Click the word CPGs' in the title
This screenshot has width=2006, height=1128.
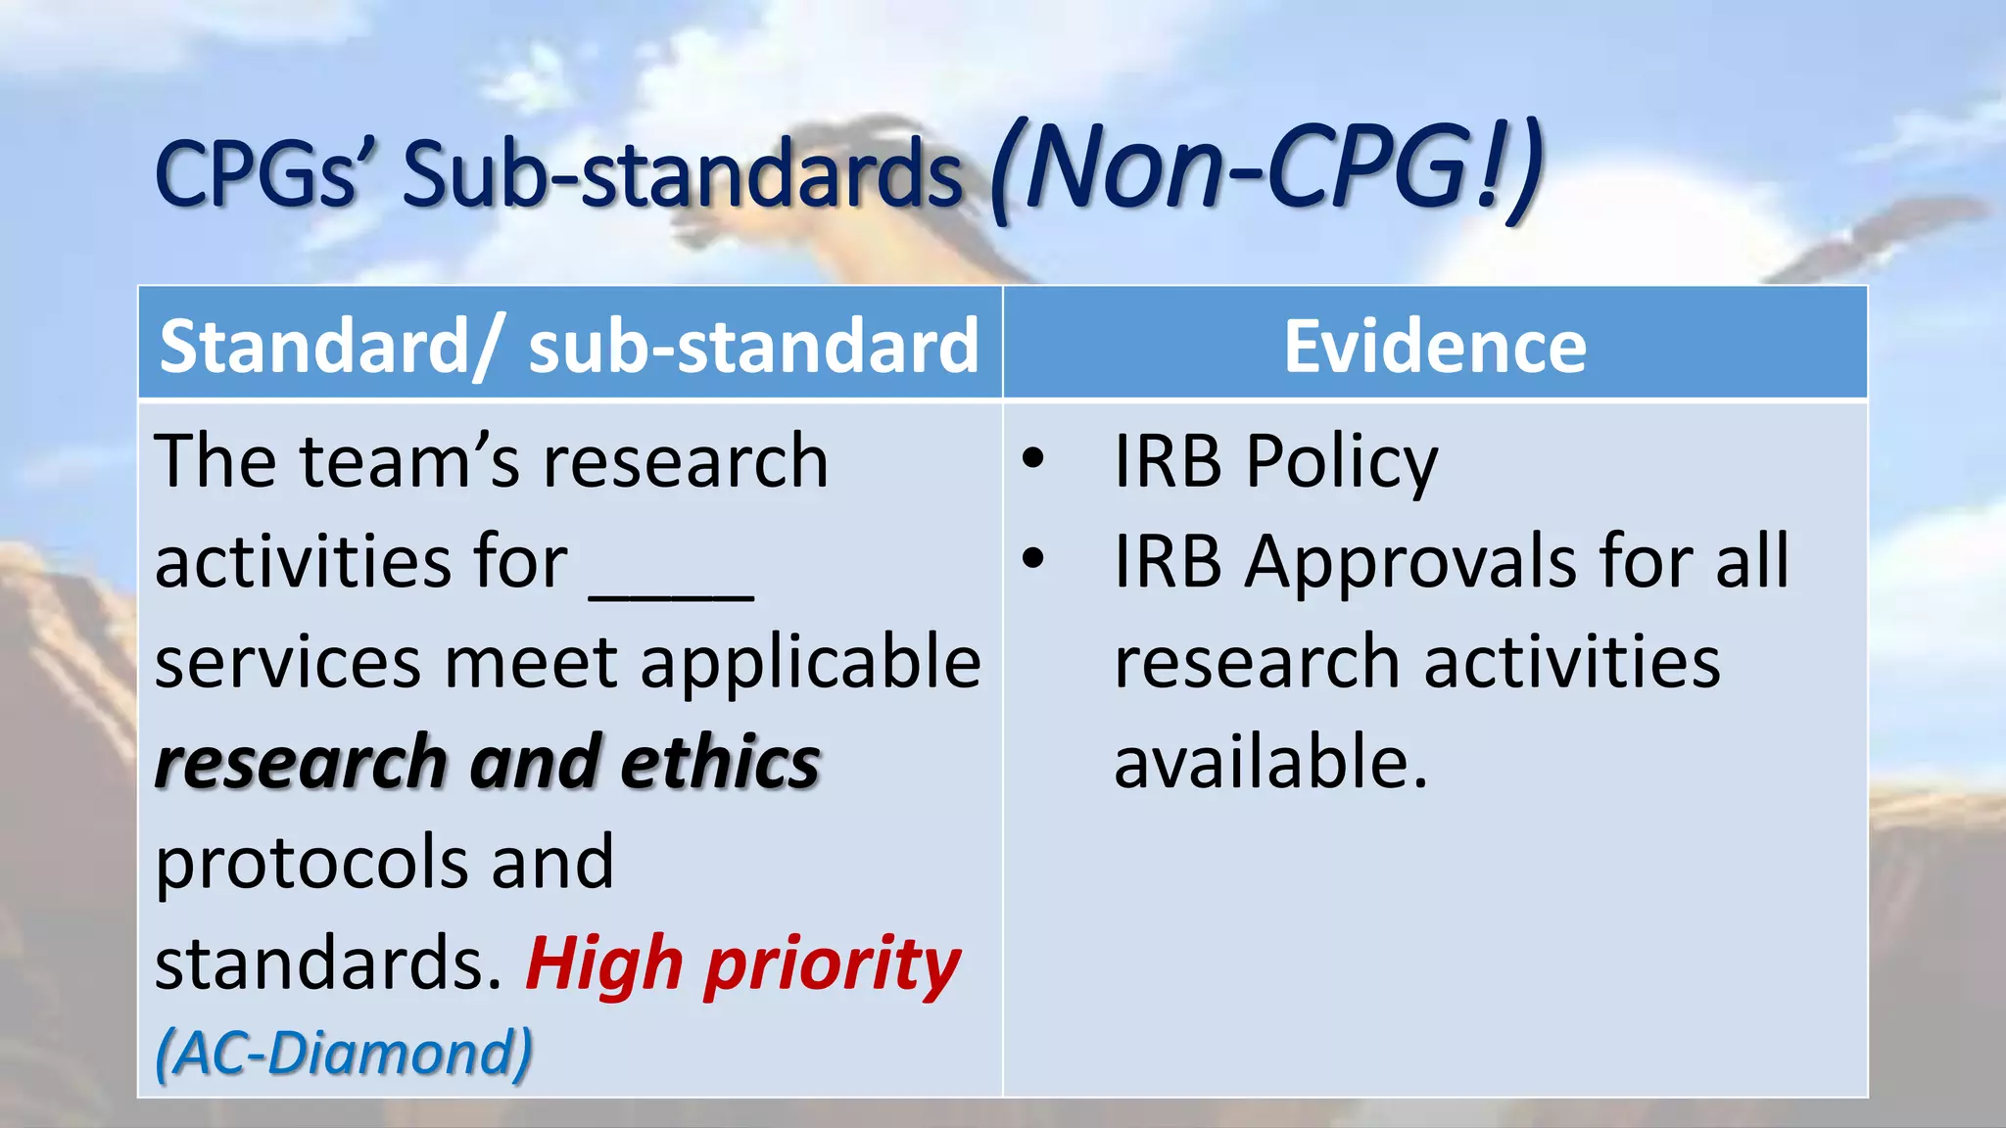tap(260, 173)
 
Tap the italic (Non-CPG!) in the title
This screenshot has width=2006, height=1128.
tap(1266, 168)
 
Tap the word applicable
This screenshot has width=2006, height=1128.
tap(810, 662)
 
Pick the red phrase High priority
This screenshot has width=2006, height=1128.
tap(742, 964)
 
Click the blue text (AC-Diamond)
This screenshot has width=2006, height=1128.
tap(344, 1054)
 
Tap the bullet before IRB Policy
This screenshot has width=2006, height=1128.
tap(1032, 458)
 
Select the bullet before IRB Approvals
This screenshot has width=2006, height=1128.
tap(1032, 559)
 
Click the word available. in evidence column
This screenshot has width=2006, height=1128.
tap(1270, 763)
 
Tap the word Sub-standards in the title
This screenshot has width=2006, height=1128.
tap(683, 173)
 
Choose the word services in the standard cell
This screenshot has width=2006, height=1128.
tap(288, 663)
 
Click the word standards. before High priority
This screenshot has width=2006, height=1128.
tap(328, 963)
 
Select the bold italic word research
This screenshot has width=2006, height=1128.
tap(301, 763)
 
